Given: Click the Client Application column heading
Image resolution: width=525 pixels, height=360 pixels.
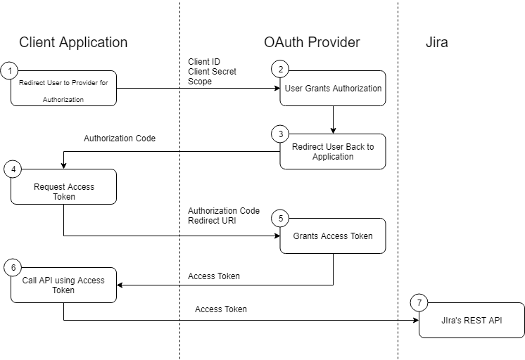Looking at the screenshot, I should click(73, 43).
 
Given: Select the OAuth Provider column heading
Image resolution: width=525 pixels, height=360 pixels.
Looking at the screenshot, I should click(312, 43).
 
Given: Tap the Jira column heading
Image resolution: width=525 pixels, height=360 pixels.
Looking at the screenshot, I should click(436, 43).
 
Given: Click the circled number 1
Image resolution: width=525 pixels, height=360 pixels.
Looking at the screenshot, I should click(10, 70).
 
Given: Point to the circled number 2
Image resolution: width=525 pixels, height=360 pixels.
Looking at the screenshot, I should click(280, 70).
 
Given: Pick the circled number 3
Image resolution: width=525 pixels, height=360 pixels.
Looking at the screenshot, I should click(280, 134).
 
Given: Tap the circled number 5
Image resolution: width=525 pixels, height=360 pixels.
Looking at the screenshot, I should click(280, 218).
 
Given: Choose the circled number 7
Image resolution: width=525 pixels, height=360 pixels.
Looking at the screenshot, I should click(419, 303).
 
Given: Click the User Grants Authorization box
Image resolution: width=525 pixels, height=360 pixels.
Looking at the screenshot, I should click(333, 89).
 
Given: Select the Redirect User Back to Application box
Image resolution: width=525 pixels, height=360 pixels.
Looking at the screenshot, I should click(333, 152).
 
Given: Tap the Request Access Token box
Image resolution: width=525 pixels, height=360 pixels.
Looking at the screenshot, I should click(64, 191).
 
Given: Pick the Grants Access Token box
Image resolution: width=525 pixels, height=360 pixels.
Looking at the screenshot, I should click(333, 236).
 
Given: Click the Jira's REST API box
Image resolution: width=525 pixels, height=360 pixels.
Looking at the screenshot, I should click(472, 321).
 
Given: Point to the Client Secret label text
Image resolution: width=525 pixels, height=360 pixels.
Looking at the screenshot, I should click(212, 72).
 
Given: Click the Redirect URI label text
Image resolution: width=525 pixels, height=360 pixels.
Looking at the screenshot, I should click(213, 221).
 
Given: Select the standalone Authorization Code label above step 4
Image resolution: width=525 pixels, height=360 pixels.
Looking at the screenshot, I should click(120, 139).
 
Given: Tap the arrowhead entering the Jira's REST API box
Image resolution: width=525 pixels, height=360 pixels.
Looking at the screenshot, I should click(415, 321).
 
